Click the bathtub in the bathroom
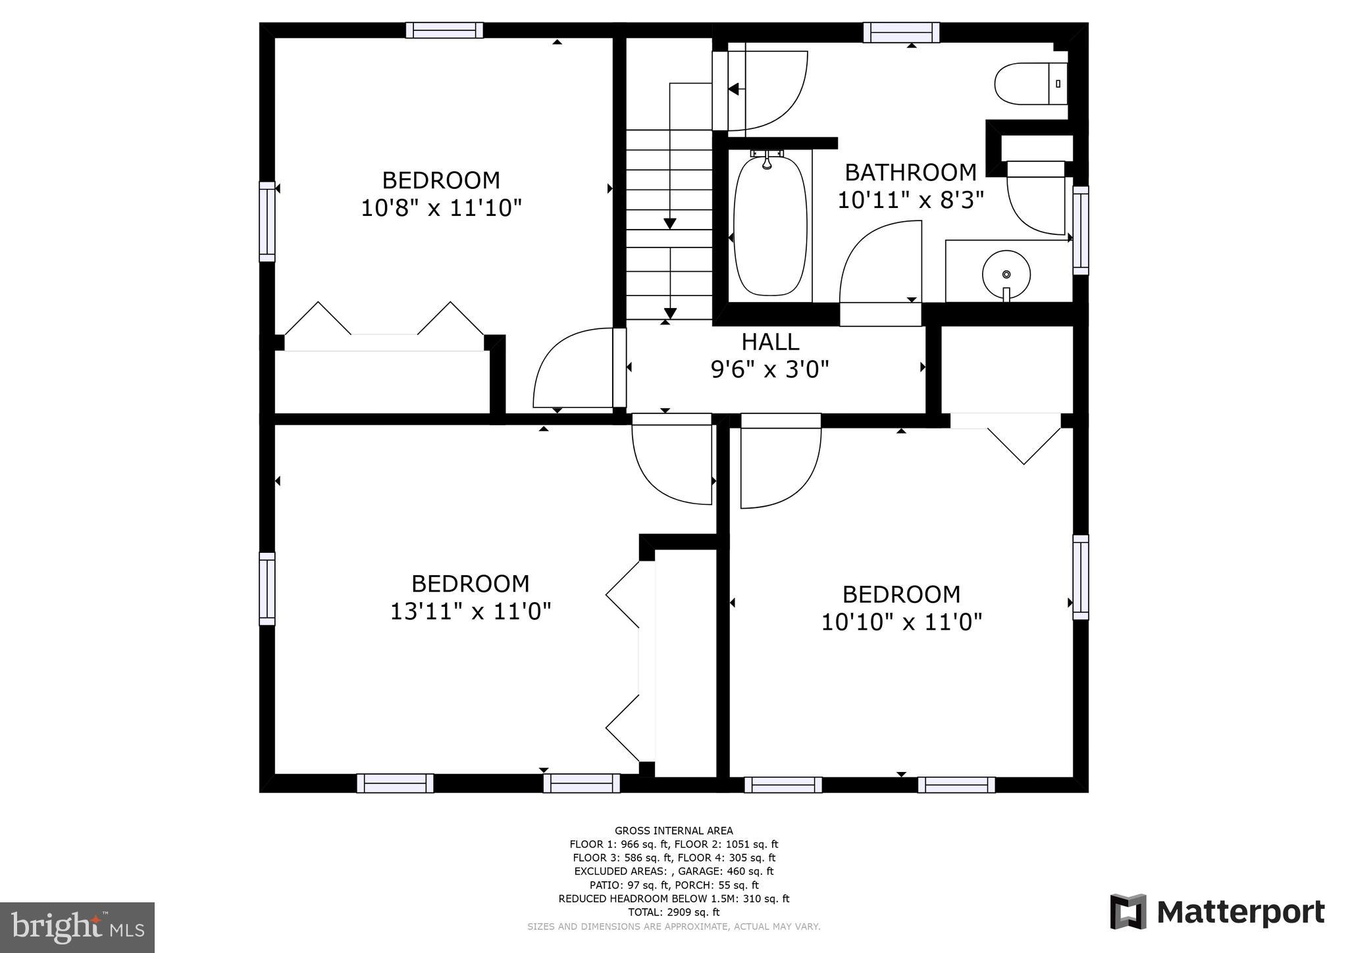[769, 224]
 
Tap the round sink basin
[1006, 273]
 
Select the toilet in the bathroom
[1030, 84]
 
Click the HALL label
[770, 342]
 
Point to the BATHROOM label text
[910, 172]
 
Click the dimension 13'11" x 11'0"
[470, 612]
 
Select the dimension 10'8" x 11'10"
[441, 209]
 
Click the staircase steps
[669, 224]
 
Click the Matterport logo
[1217, 913]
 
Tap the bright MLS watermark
[77, 927]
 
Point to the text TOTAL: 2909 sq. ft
[673, 912]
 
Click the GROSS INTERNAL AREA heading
[673, 831]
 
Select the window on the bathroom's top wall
[901, 32]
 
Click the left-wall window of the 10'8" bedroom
[267, 221]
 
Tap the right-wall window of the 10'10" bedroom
[1080, 577]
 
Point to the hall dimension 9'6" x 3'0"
[769, 370]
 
